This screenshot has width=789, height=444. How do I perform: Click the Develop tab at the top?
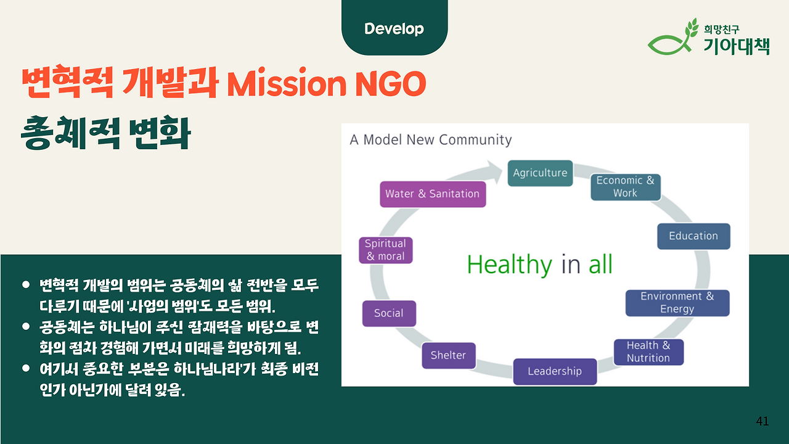[x=394, y=28]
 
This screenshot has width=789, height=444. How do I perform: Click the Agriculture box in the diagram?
[x=540, y=173]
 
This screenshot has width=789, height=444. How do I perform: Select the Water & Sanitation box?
[x=433, y=194]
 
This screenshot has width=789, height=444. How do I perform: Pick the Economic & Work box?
[x=625, y=187]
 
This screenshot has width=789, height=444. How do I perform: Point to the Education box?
[x=693, y=236]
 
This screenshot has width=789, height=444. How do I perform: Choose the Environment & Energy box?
[x=677, y=303]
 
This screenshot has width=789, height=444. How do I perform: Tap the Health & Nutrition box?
[x=648, y=351]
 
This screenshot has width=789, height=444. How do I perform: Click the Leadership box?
[x=555, y=371]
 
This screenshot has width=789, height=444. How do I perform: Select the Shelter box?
[x=448, y=355]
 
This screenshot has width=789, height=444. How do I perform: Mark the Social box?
[x=389, y=313]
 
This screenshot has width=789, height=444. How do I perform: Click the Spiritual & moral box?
[x=385, y=250]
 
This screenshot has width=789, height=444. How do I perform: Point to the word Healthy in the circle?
[x=509, y=265]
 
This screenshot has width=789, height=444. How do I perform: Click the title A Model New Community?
[x=430, y=140]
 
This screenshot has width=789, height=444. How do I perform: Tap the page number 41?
[x=762, y=421]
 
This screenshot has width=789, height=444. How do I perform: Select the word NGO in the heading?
[x=391, y=84]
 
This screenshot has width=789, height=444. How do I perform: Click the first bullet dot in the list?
[x=26, y=284]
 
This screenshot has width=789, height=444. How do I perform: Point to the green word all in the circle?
[x=600, y=265]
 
